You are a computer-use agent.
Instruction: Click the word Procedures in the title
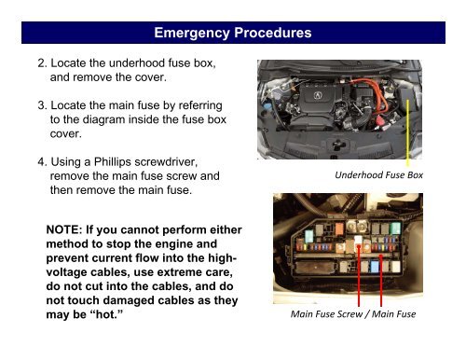click(x=269, y=35)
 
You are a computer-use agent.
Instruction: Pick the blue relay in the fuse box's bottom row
click(x=375, y=265)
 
